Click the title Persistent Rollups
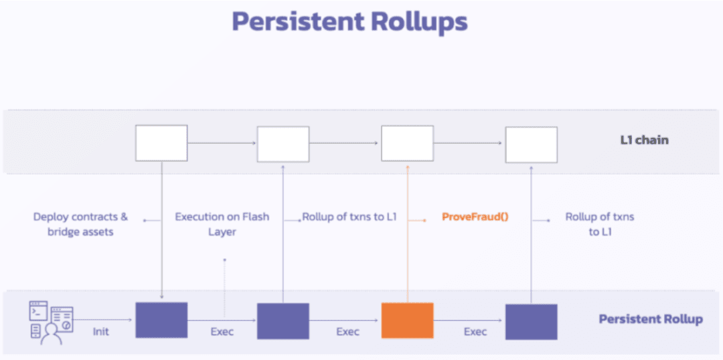tap(349, 21)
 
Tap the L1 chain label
tap(644, 140)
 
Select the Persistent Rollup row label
tap(651, 319)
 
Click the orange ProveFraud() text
tap(475, 216)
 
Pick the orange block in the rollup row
tap(407, 321)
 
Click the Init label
tap(101, 331)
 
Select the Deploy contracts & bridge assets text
tap(81, 223)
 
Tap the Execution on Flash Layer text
tap(222, 223)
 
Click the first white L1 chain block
tap(161, 143)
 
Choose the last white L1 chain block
tap(531, 145)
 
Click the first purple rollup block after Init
tap(161, 321)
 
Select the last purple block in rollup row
tap(531, 322)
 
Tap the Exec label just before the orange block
tap(347, 332)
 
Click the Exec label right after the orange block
tap(475, 332)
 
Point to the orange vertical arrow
tap(408, 234)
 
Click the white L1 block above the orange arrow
tap(407, 143)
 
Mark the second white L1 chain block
tap(283, 144)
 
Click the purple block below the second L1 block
tap(283, 321)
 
